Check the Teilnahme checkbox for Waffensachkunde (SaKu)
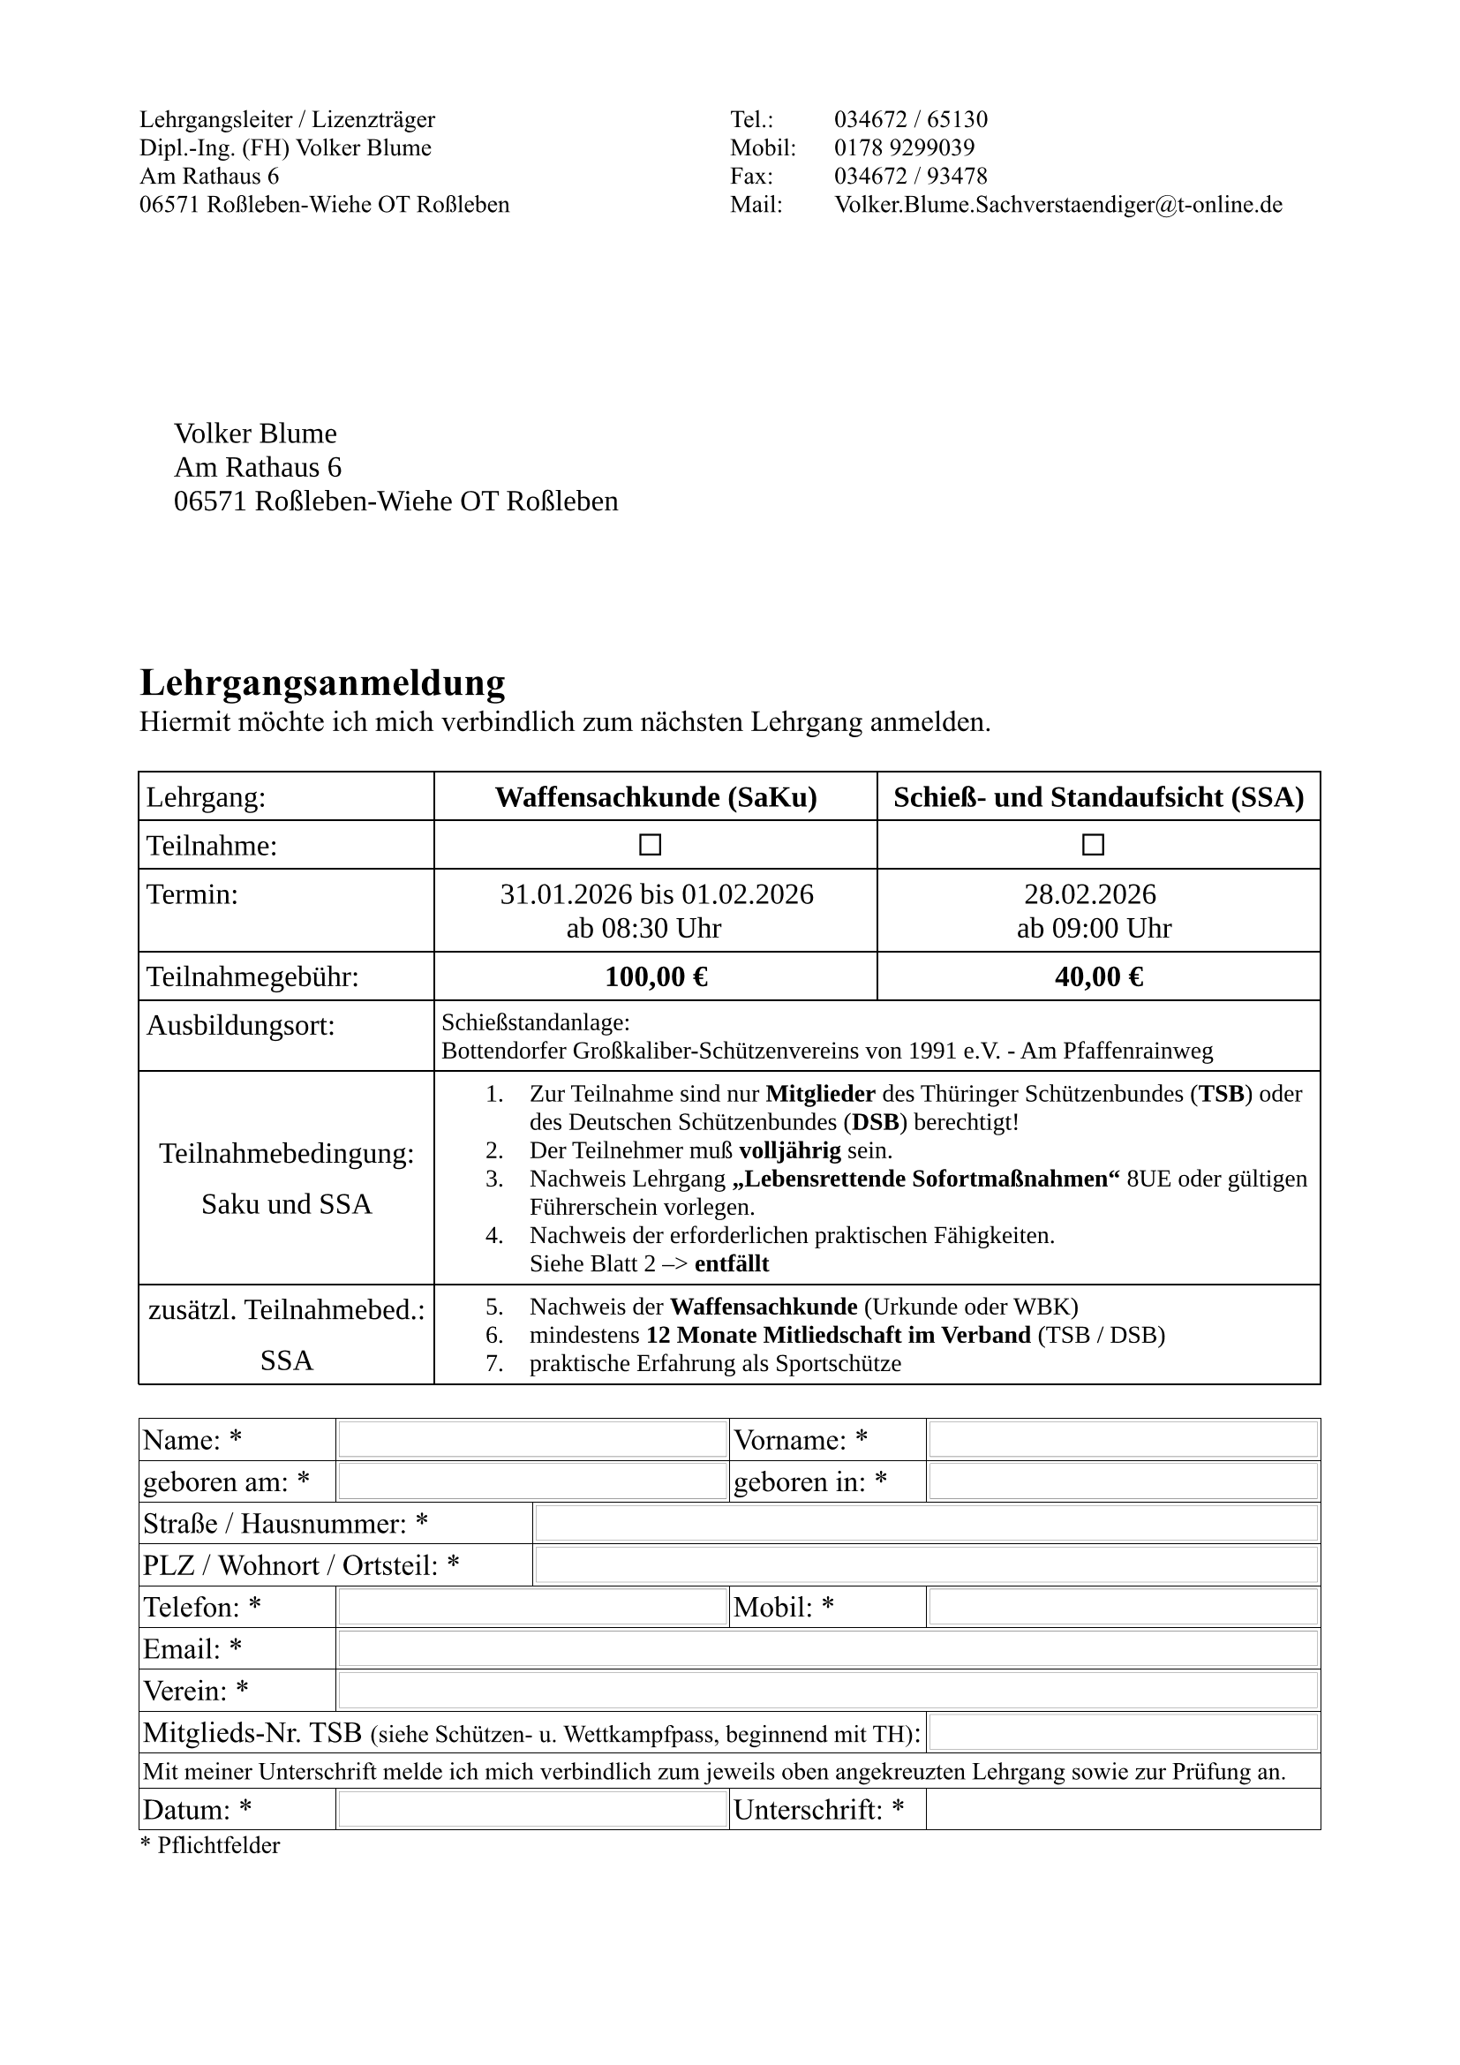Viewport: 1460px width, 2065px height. [x=650, y=845]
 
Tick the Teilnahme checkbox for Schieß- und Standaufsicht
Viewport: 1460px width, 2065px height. [x=1093, y=845]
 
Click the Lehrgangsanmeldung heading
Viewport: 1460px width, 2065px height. [x=322, y=682]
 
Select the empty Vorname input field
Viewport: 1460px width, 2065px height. [x=1123, y=1439]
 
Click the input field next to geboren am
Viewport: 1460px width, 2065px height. [x=532, y=1481]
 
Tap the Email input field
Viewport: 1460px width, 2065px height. [x=827, y=1648]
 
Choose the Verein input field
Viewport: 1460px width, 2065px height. [x=827, y=1691]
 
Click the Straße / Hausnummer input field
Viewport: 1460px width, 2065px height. [x=926, y=1524]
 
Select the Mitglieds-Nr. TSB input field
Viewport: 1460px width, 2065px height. [x=1123, y=1732]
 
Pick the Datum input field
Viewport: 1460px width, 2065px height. [x=532, y=1810]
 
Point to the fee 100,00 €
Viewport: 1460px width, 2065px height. [x=656, y=976]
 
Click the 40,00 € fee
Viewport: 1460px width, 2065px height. [x=1099, y=976]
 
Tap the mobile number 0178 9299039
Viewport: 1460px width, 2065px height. [x=905, y=147]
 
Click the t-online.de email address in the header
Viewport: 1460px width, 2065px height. [x=1058, y=205]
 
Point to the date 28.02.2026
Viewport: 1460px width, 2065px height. [x=1089, y=894]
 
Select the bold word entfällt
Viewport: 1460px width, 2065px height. [x=732, y=1263]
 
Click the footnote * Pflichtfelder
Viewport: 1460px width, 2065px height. [x=210, y=1845]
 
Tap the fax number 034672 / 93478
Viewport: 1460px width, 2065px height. [x=911, y=177]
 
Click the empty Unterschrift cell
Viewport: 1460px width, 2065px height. [x=1123, y=1810]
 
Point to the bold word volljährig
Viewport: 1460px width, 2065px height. [x=789, y=1150]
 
